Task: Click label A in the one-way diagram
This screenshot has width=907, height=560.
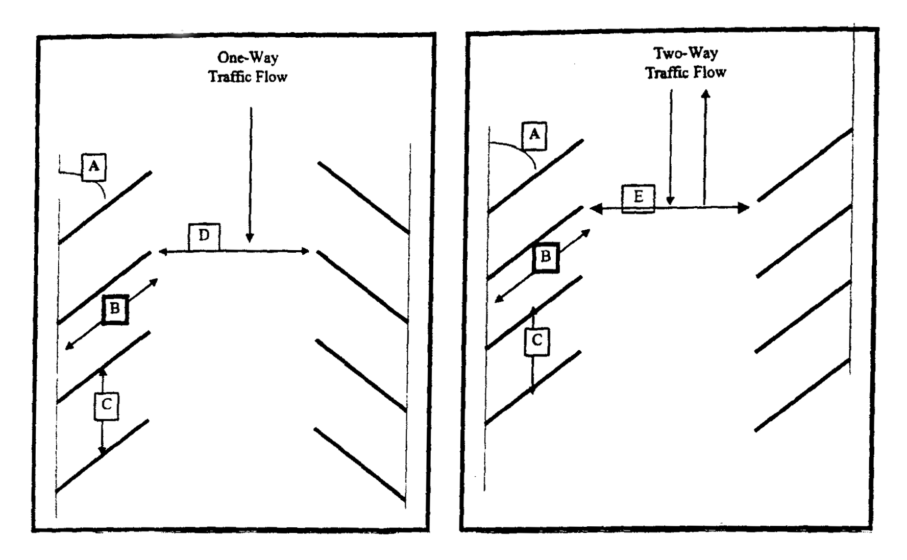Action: (94, 167)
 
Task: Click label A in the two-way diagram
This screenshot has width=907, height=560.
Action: (534, 135)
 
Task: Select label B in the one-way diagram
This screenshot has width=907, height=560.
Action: (115, 309)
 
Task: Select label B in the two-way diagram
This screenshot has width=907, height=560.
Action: (546, 257)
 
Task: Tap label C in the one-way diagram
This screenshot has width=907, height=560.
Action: (107, 406)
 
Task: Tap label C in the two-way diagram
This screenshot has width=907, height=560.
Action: (537, 340)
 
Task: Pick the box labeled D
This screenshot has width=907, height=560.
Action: (204, 236)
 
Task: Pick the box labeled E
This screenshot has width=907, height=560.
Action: (638, 198)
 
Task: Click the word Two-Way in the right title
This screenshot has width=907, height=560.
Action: (686, 53)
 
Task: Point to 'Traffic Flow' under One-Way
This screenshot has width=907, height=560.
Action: (248, 77)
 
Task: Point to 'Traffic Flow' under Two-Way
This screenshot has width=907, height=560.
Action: (686, 73)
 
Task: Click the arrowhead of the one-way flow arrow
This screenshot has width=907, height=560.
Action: (250, 238)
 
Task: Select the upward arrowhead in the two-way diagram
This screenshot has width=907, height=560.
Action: (705, 94)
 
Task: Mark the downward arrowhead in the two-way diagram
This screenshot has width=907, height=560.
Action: (671, 202)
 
